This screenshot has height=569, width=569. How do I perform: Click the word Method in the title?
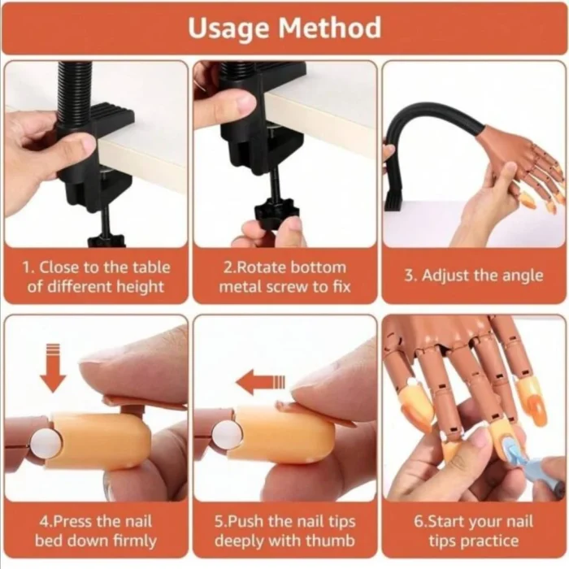point(330,27)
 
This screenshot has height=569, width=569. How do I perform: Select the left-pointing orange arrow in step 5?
point(261,382)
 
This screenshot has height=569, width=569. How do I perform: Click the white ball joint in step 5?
point(227,435)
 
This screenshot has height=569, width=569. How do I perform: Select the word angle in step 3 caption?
point(523,276)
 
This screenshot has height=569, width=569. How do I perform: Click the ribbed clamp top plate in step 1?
point(110,117)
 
